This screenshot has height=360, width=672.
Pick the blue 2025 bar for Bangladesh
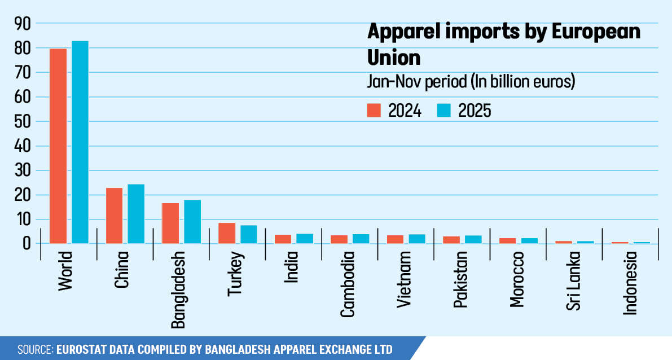pos(192,222)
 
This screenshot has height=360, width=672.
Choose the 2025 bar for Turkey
pos(248,234)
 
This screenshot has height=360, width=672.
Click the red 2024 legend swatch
pos(374,110)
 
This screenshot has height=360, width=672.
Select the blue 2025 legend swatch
pos(444,110)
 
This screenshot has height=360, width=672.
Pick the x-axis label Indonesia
pos(630,283)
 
